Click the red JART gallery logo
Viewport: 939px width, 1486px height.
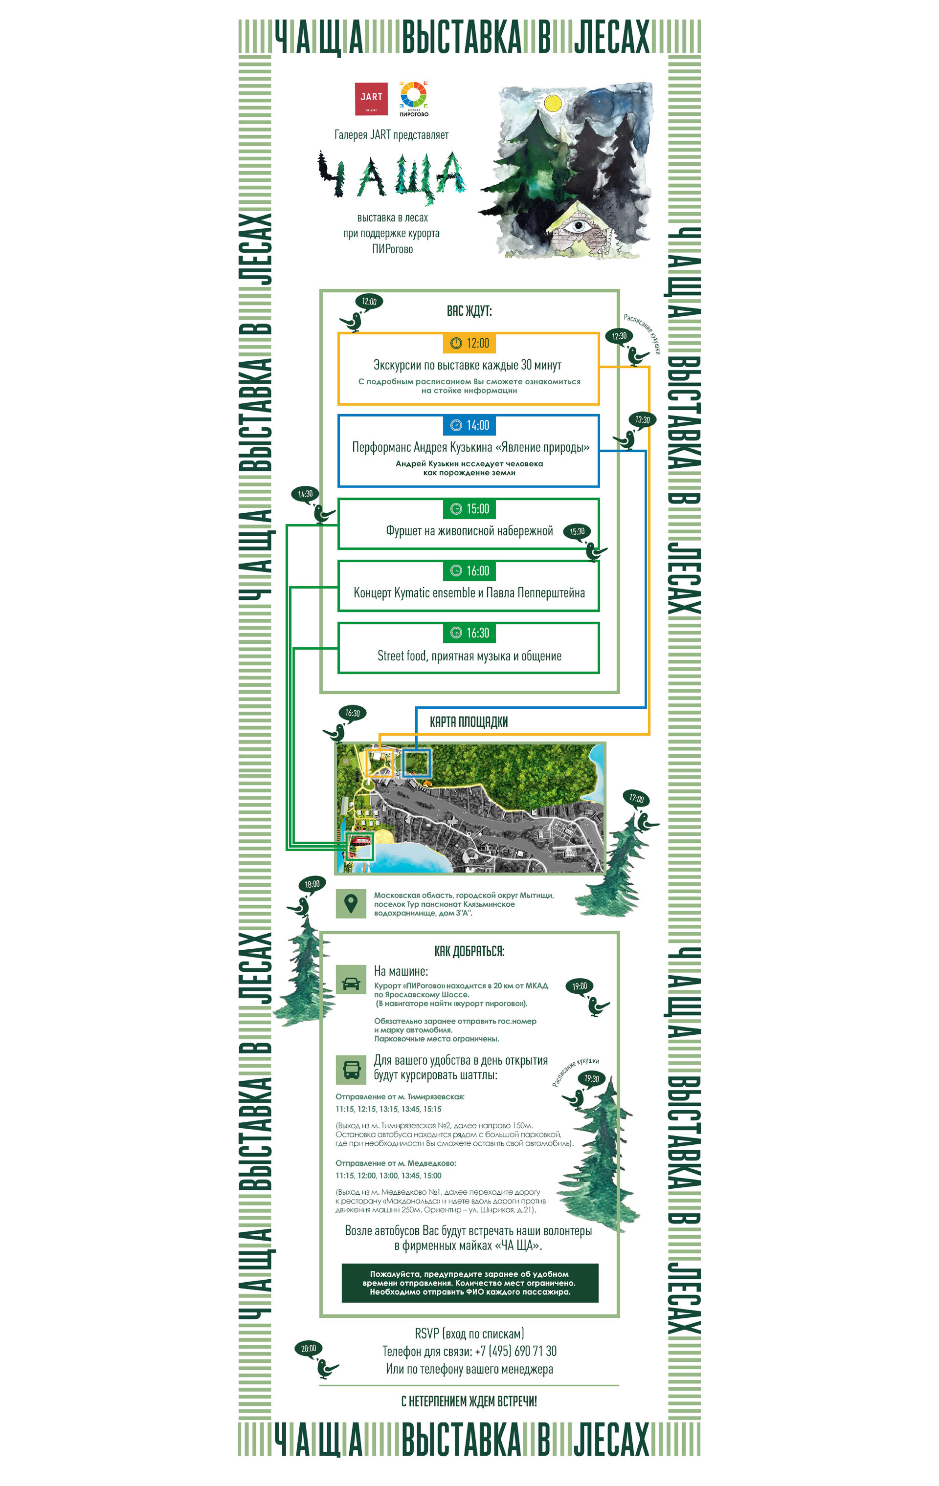tap(371, 99)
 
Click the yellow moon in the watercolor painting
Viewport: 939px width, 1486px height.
tap(553, 103)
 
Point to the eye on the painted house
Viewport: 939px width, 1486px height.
tap(578, 226)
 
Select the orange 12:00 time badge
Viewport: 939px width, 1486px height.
tap(469, 343)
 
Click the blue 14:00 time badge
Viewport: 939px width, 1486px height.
tap(469, 425)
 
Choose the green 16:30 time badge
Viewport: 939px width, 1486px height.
tap(469, 633)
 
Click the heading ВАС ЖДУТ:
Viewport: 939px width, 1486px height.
tap(469, 311)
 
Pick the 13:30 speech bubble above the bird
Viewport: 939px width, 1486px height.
tap(642, 419)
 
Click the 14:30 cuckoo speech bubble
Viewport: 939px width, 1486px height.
tap(305, 494)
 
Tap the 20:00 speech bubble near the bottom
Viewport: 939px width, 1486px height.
tap(309, 1348)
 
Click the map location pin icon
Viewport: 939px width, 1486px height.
tap(351, 903)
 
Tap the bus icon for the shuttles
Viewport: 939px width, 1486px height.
tap(351, 1070)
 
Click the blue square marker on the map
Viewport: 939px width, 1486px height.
tap(416, 763)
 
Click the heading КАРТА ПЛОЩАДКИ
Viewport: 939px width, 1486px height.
tap(469, 721)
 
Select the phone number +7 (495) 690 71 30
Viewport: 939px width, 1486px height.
tap(515, 1351)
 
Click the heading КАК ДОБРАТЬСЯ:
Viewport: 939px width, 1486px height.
tap(469, 951)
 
